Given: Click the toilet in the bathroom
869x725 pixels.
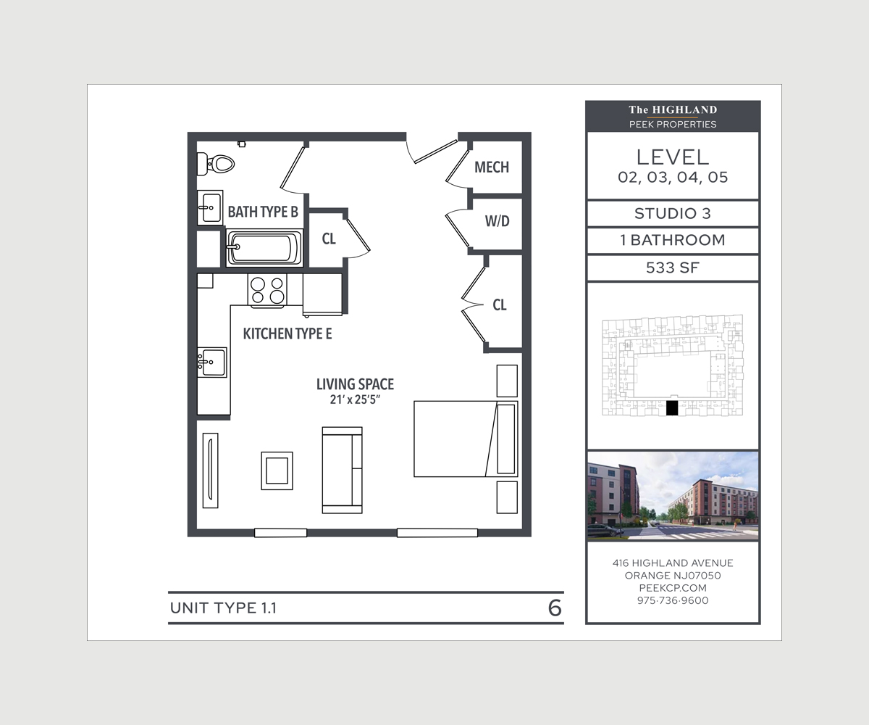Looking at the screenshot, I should point(219,164).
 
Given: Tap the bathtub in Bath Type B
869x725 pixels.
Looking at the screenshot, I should point(264,248).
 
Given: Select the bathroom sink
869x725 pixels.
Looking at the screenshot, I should point(211,208).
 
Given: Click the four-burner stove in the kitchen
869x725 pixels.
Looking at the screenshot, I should point(267,289).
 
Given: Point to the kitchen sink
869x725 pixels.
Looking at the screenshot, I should point(212,361).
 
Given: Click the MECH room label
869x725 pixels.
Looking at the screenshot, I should point(492,167).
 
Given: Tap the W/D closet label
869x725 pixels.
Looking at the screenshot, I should point(497,222).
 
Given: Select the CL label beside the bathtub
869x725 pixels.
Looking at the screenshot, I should point(329,239).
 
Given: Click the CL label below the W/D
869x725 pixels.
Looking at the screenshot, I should point(499,305).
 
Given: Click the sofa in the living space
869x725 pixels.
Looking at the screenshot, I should point(342,470).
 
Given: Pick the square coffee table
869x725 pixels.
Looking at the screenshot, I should point(277,471).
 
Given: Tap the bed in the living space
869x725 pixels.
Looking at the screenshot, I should point(465,439).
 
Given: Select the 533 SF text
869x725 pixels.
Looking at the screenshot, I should point(672,268).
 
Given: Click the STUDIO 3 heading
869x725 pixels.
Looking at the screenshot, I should point(672,214).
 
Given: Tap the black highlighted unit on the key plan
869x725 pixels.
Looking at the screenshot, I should point(672,408).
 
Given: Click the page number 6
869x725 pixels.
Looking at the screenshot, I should point(555,608).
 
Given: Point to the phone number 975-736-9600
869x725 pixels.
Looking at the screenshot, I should point(673,600).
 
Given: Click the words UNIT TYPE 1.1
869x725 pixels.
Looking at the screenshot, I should point(223,608).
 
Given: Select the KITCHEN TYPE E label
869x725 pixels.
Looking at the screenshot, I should point(287,334).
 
